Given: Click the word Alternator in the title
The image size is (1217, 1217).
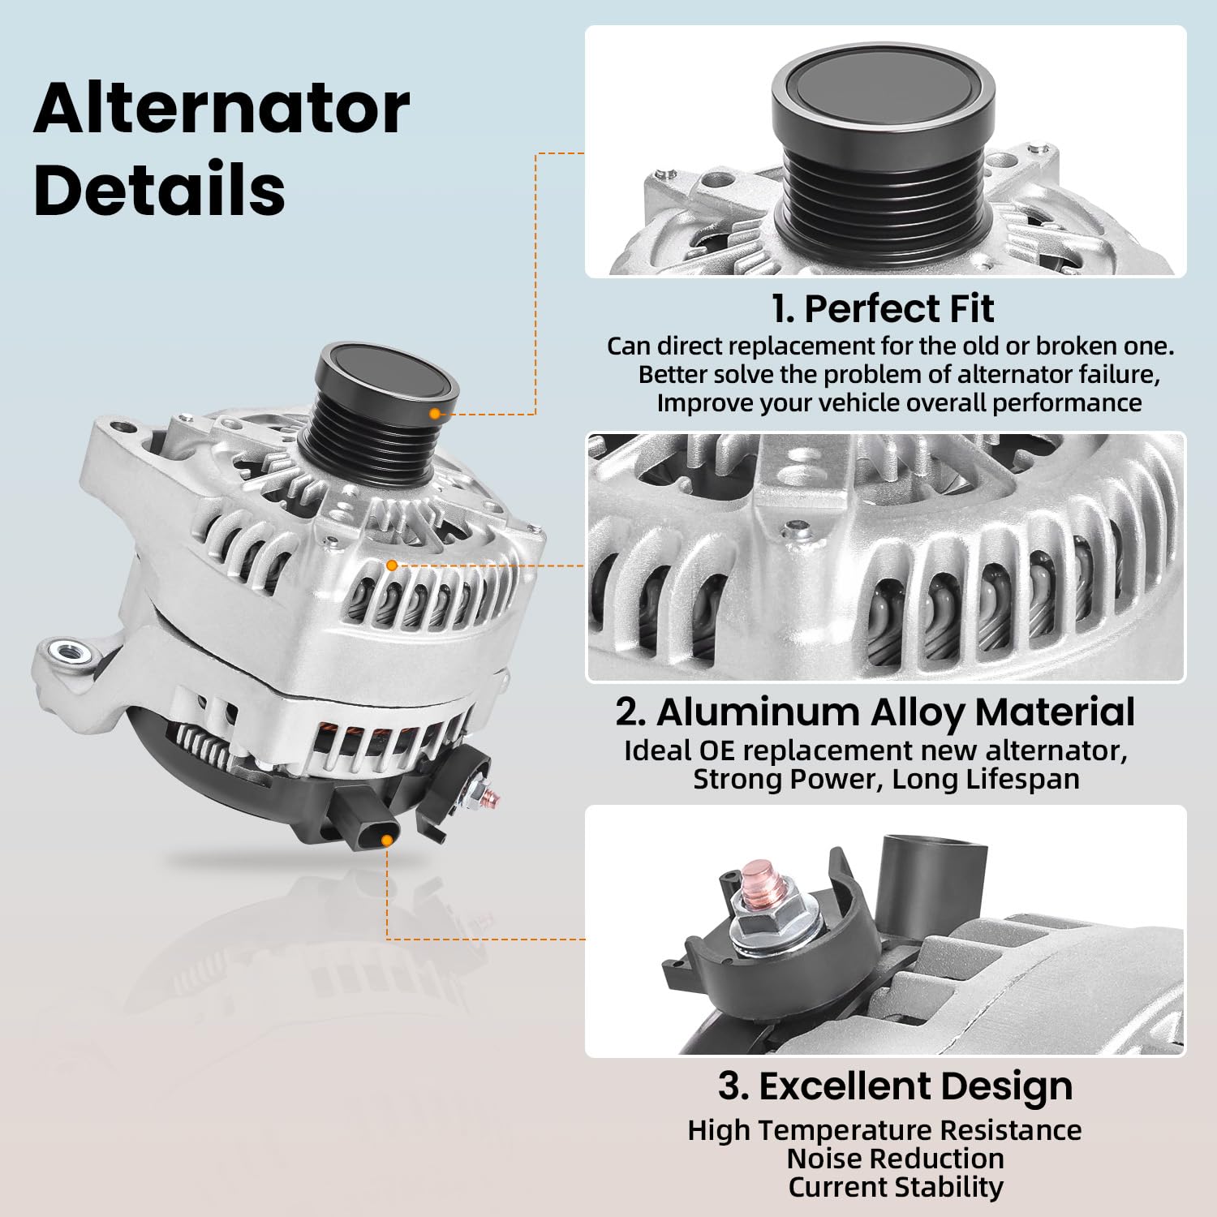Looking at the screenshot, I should pos(221,110).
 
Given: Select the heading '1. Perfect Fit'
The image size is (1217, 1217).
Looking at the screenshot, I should pos(883,308).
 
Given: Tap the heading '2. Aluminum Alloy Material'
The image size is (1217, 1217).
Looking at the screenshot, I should pos(875,712).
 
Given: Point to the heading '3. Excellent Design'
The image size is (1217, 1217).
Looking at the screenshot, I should pos(895,1086).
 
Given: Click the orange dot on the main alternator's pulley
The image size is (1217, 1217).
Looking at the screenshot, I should pos(435,414).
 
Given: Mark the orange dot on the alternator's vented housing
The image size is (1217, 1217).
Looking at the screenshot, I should pos(392,565).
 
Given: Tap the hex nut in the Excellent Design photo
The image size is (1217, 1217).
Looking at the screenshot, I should pos(771,924).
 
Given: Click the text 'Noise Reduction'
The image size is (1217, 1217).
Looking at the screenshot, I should pos(895,1159).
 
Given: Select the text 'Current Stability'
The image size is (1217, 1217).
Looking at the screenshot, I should pos(896,1187).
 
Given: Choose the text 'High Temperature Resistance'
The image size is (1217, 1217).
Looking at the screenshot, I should pos(884,1130).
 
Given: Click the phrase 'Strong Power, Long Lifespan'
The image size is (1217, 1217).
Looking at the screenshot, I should pos(886,779).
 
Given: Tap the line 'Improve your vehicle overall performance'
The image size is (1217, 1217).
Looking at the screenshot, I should pos(899,402).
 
